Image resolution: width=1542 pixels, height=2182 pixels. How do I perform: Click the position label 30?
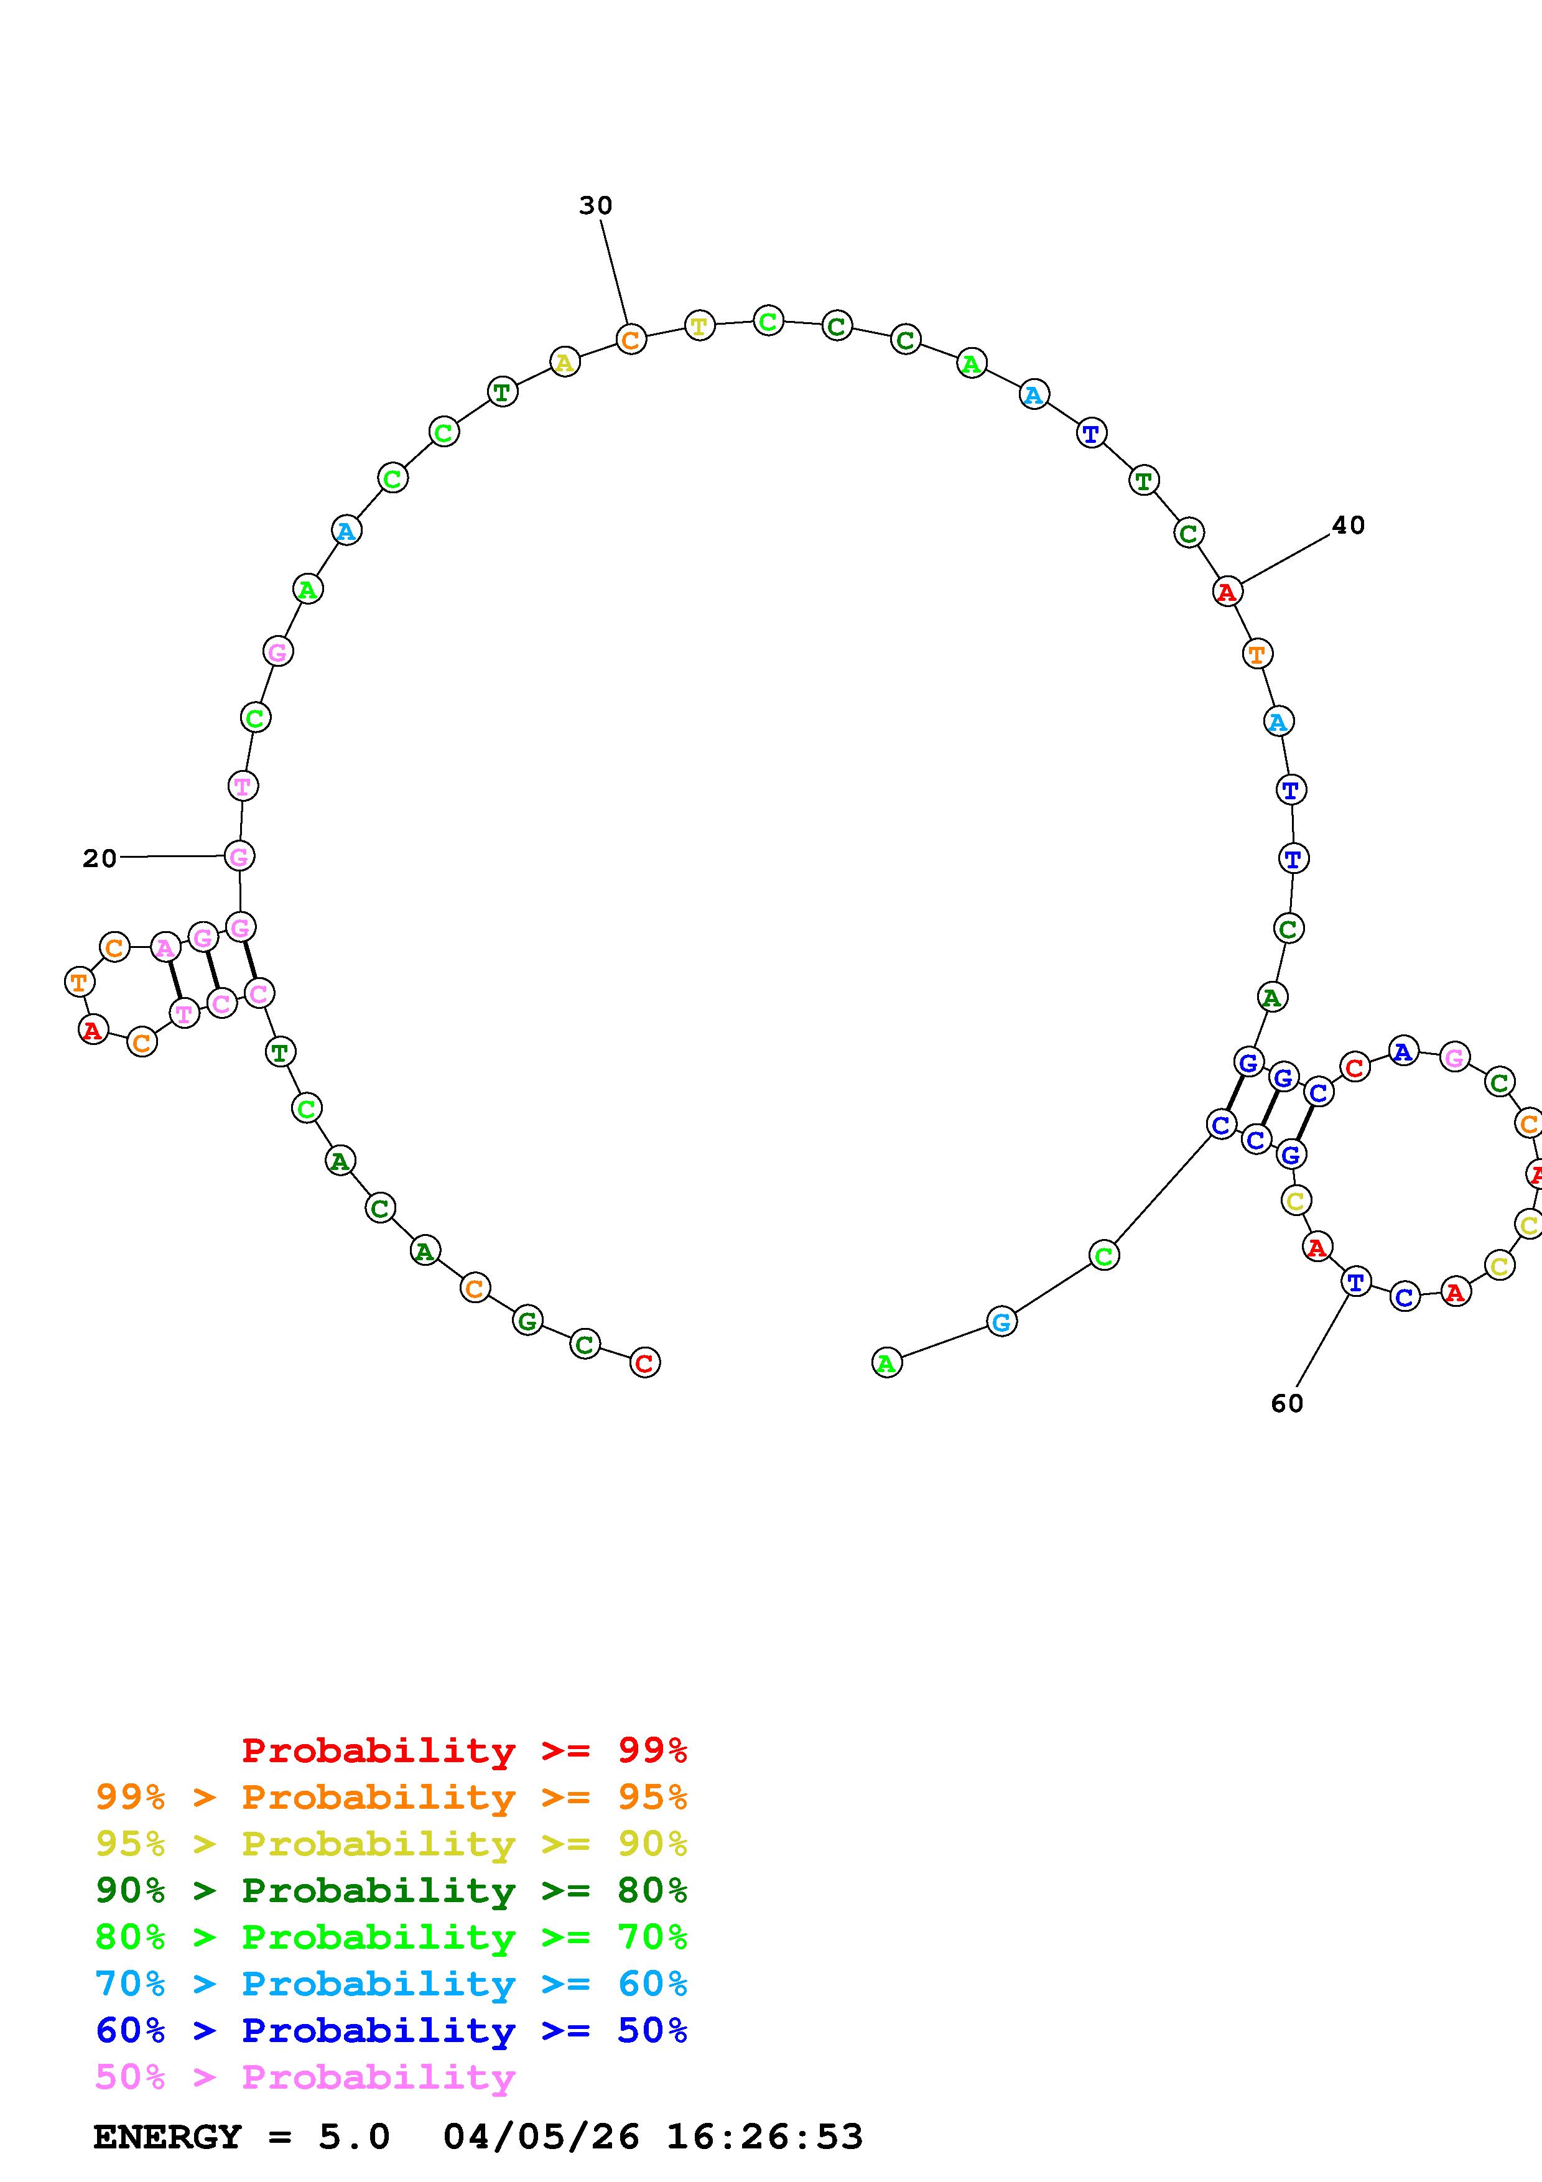coord(596,205)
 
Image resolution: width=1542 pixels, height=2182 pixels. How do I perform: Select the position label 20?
coord(100,858)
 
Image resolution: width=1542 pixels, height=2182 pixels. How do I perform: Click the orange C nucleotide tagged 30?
coord(631,339)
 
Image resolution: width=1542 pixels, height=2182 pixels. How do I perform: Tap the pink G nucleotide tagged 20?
coord(239,857)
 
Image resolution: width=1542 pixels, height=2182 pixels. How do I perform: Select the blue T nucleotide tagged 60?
coord(1356,1282)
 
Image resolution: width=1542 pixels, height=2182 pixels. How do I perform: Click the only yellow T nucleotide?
coord(699,326)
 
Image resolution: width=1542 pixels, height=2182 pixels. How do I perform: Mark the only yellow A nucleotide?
coord(564,361)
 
